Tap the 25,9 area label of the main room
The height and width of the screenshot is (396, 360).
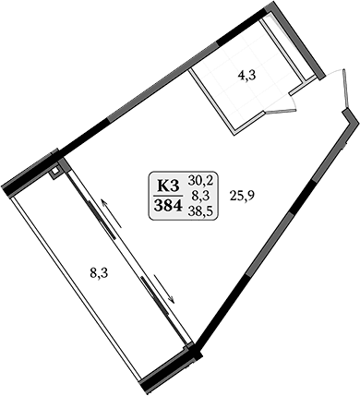[x=244, y=196]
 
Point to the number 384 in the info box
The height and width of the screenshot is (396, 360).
[x=167, y=204]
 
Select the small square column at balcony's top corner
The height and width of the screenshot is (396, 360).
[x=56, y=169]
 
